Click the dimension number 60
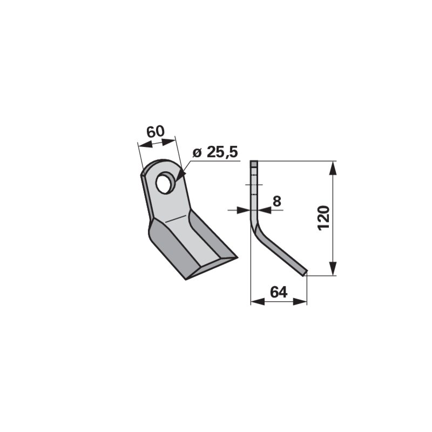(156, 132)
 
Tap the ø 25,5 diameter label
(215, 152)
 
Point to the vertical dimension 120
(323, 218)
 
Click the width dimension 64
(279, 292)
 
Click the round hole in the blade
(163, 183)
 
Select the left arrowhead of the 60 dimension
(145, 144)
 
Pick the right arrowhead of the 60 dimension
(168, 141)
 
